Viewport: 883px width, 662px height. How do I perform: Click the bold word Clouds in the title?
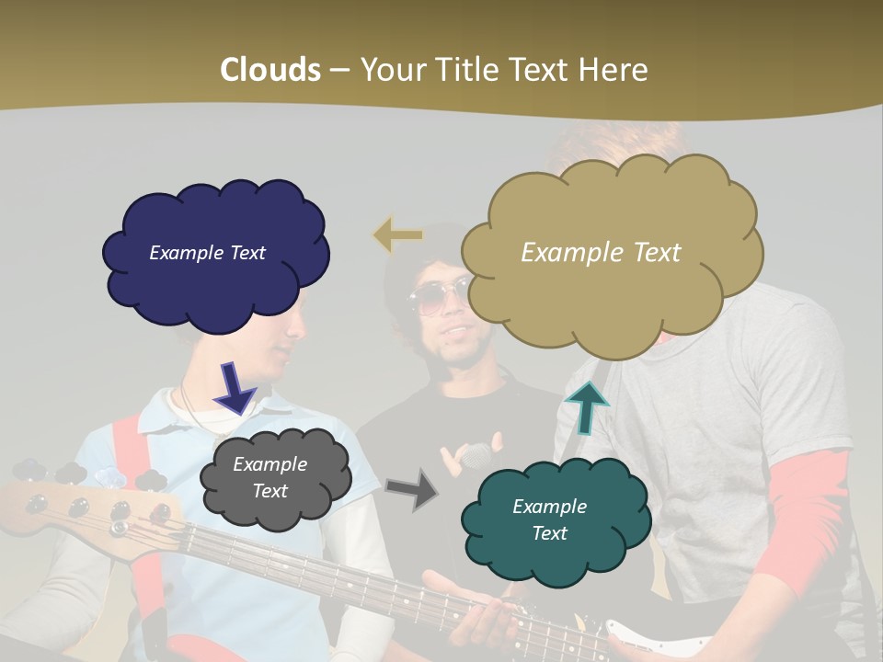point(269,70)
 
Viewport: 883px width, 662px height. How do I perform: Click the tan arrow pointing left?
point(398,235)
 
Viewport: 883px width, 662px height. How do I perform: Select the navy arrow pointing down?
point(234,387)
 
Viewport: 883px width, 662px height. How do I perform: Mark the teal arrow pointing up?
point(586,407)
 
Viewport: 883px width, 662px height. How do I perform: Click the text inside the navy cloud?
point(207,253)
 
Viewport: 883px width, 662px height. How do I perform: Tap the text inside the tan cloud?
point(601,253)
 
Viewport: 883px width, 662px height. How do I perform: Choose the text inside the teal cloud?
point(549,519)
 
